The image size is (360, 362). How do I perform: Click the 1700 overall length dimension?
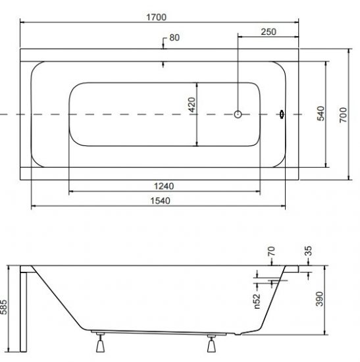[157, 17]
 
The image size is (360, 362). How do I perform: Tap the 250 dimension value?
[269, 32]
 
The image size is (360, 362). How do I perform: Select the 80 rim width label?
[174, 38]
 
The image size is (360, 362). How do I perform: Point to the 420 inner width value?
[192, 105]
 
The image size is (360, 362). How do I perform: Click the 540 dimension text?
[321, 114]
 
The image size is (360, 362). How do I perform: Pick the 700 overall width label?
[343, 115]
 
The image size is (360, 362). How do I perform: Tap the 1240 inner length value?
[164, 186]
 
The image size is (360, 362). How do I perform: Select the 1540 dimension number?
[161, 201]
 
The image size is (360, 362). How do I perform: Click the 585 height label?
[4, 307]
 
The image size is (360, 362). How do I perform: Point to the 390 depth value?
[320, 299]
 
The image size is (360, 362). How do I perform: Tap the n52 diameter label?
[257, 301]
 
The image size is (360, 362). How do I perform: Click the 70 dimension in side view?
[272, 251]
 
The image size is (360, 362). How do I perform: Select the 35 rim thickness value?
[308, 251]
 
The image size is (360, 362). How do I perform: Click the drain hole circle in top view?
[238, 115]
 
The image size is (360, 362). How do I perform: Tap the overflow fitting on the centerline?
[282, 115]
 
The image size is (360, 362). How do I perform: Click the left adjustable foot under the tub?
[100, 343]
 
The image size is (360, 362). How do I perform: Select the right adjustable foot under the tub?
[211, 344]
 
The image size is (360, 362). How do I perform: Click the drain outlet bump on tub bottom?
[238, 334]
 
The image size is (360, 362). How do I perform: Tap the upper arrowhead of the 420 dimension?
[197, 85]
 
